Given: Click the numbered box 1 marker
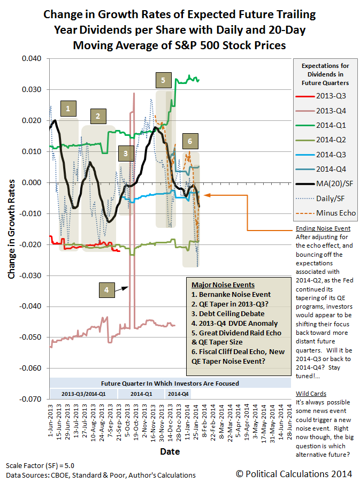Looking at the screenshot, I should tap(68, 109).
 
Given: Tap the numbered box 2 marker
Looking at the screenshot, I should tap(98, 116).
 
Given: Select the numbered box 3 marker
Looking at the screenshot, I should tap(125, 154).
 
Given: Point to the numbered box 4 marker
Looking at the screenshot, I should tap(106, 290).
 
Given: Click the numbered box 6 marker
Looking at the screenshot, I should tap(189, 141).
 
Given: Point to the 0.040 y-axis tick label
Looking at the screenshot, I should tap(33, 59).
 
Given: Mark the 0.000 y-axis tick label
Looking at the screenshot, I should tap(33, 182).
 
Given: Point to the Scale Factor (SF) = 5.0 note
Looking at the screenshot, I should tap(34, 465).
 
